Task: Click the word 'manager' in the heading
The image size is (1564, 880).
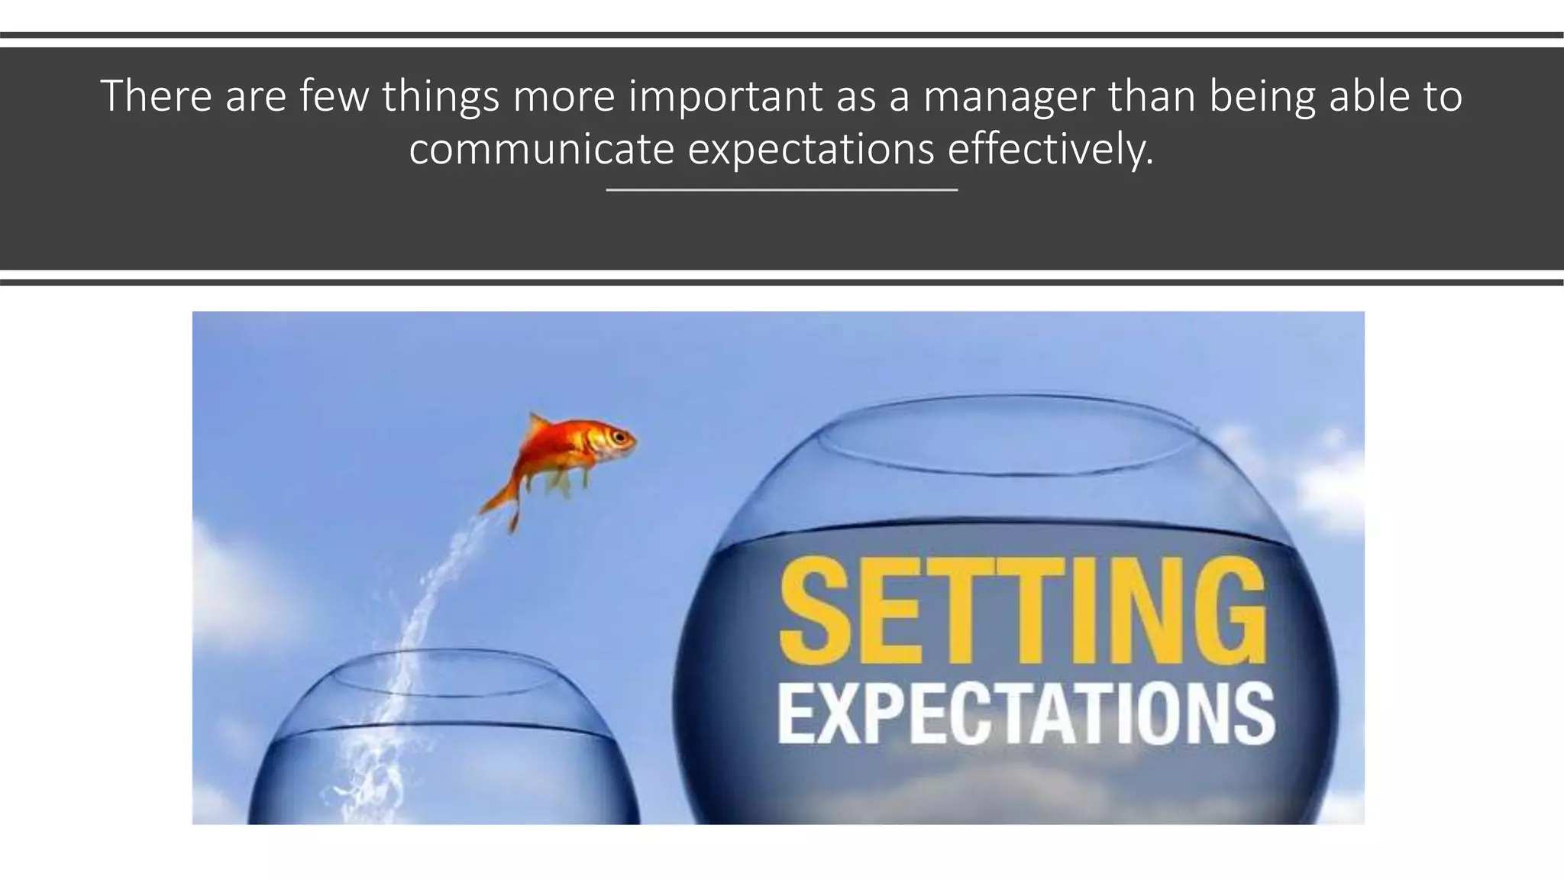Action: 1010,97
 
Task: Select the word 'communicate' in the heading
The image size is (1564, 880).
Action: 541,149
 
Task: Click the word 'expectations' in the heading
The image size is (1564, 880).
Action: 811,149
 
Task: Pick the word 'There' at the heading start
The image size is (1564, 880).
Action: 156,97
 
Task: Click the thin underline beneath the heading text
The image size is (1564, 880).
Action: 782,189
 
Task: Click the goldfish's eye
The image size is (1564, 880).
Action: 620,438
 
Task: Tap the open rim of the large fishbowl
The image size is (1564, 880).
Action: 1007,434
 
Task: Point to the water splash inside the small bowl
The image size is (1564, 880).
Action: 374,764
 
